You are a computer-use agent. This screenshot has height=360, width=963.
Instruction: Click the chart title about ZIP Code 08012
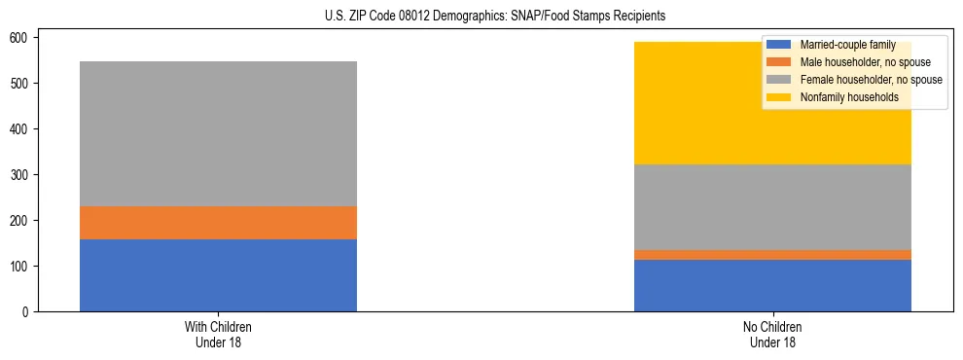pyautogui.click(x=495, y=17)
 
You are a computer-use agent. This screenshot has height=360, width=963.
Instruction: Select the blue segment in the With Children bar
pyautogui.click(x=218, y=275)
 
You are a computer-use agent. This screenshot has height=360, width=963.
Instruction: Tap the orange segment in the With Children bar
pyautogui.click(x=218, y=223)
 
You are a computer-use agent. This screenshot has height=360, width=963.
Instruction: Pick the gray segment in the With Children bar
pyautogui.click(x=218, y=133)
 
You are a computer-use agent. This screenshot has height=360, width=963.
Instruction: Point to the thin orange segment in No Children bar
pyautogui.click(x=772, y=255)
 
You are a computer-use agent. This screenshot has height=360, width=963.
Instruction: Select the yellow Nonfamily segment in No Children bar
pyautogui.click(x=681, y=103)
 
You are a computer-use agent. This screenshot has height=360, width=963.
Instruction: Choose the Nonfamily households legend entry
pyautogui.click(x=848, y=97)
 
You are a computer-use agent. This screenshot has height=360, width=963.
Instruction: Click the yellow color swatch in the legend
pyautogui.click(x=778, y=97)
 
